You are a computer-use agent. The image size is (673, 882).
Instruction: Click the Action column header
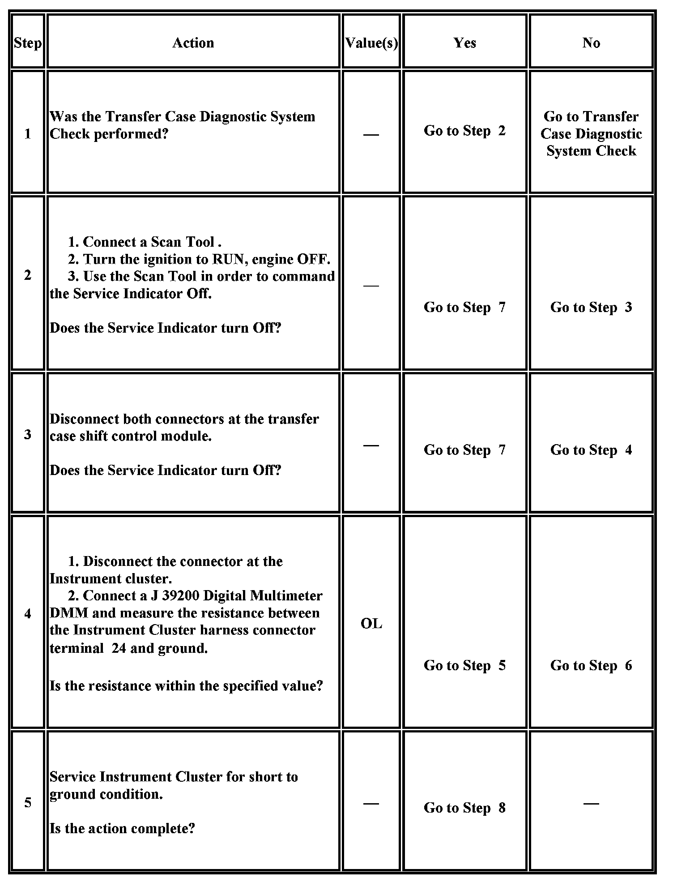click(193, 43)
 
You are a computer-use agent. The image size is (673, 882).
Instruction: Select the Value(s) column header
click(371, 43)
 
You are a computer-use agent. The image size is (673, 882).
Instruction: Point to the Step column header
click(28, 43)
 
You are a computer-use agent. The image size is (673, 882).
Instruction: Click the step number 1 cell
click(28, 134)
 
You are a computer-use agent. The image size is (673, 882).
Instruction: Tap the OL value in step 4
click(371, 624)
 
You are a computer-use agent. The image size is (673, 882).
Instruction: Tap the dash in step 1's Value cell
click(371, 135)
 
